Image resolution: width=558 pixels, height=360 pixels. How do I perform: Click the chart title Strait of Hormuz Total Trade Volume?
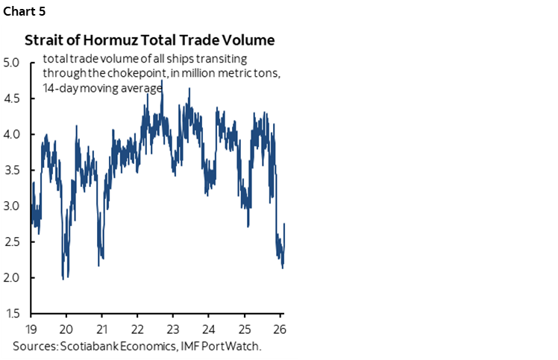point(148,40)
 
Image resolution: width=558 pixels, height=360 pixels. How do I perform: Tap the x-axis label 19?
point(31,329)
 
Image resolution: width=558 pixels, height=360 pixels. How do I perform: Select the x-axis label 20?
point(66,329)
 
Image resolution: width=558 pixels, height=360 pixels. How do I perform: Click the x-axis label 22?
point(137,329)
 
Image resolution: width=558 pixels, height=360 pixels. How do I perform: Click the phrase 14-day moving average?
point(103,88)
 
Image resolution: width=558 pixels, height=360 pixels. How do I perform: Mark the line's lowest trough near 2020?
point(63,278)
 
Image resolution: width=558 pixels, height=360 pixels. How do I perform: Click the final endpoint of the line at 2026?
point(285,223)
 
